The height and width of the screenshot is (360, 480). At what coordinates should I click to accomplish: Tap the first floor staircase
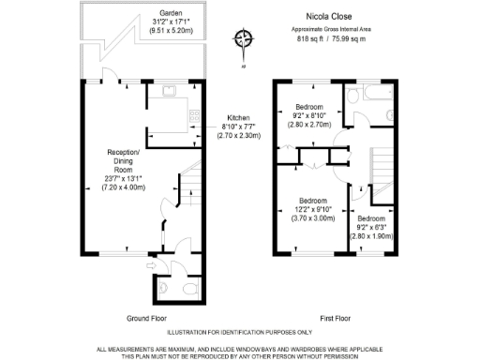383,170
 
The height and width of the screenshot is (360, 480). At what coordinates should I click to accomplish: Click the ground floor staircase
190,192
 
